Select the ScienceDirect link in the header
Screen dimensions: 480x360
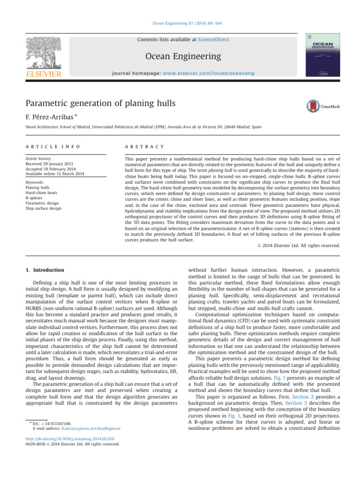(x=213, y=40)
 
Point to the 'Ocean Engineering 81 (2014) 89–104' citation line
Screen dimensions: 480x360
(x=180, y=24)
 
